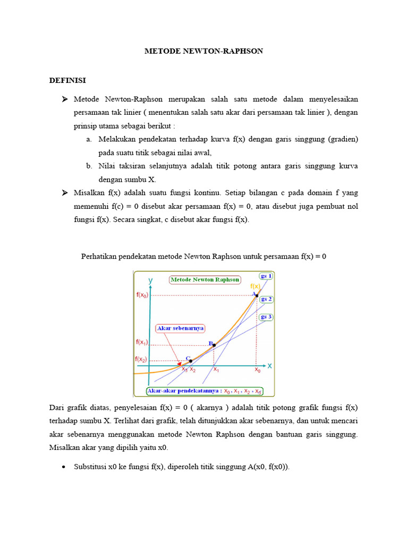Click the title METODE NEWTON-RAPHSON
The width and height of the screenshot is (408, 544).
(x=204, y=51)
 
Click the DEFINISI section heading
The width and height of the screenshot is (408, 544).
(x=67, y=80)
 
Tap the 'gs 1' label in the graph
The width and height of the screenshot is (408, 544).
(x=266, y=276)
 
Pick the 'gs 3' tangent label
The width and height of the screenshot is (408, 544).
(x=266, y=317)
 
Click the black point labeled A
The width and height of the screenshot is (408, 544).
(x=257, y=295)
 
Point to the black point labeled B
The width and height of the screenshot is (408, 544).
(x=214, y=345)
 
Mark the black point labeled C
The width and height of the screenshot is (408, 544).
(x=191, y=361)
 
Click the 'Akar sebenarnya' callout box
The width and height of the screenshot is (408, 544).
(x=181, y=328)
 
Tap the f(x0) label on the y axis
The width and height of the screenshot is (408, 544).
(x=142, y=295)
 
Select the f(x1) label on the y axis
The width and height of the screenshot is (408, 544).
(x=142, y=342)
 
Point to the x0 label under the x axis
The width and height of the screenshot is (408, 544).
(x=258, y=370)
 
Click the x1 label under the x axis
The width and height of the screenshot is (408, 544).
(x=216, y=370)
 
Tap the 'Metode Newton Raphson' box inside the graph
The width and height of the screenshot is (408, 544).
(x=205, y=279)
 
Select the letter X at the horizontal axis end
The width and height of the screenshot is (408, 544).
(x=269, y=365)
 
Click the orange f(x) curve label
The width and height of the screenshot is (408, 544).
(x=256, y=286)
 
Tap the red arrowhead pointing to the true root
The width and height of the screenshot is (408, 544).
(x=179, y=363)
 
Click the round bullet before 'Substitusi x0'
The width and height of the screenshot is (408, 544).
(x=64, y=467)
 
